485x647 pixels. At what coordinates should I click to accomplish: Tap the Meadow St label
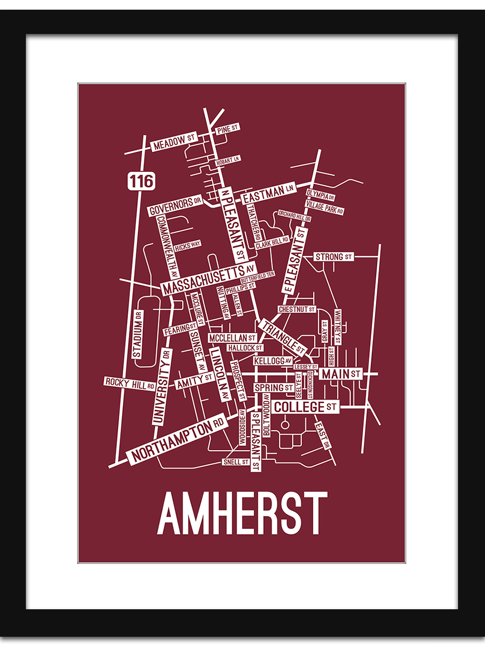point(174,143)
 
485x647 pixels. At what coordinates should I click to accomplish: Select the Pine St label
point(226,129)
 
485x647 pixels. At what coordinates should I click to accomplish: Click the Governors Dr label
point(175,205)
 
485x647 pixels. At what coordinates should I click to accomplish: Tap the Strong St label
point(334,257)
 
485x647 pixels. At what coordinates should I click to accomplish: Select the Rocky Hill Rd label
point(130,383)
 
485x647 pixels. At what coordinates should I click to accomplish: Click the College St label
point(305,407)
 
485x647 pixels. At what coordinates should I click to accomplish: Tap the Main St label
point(341,373)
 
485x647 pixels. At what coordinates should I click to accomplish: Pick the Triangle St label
point(283,338)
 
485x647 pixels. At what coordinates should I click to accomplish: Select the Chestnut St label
point(296,309)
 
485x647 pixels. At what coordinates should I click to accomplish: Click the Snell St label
point(236,462)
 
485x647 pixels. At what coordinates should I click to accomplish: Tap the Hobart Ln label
point(227,160)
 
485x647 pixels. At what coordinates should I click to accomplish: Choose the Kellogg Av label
point(273,360)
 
